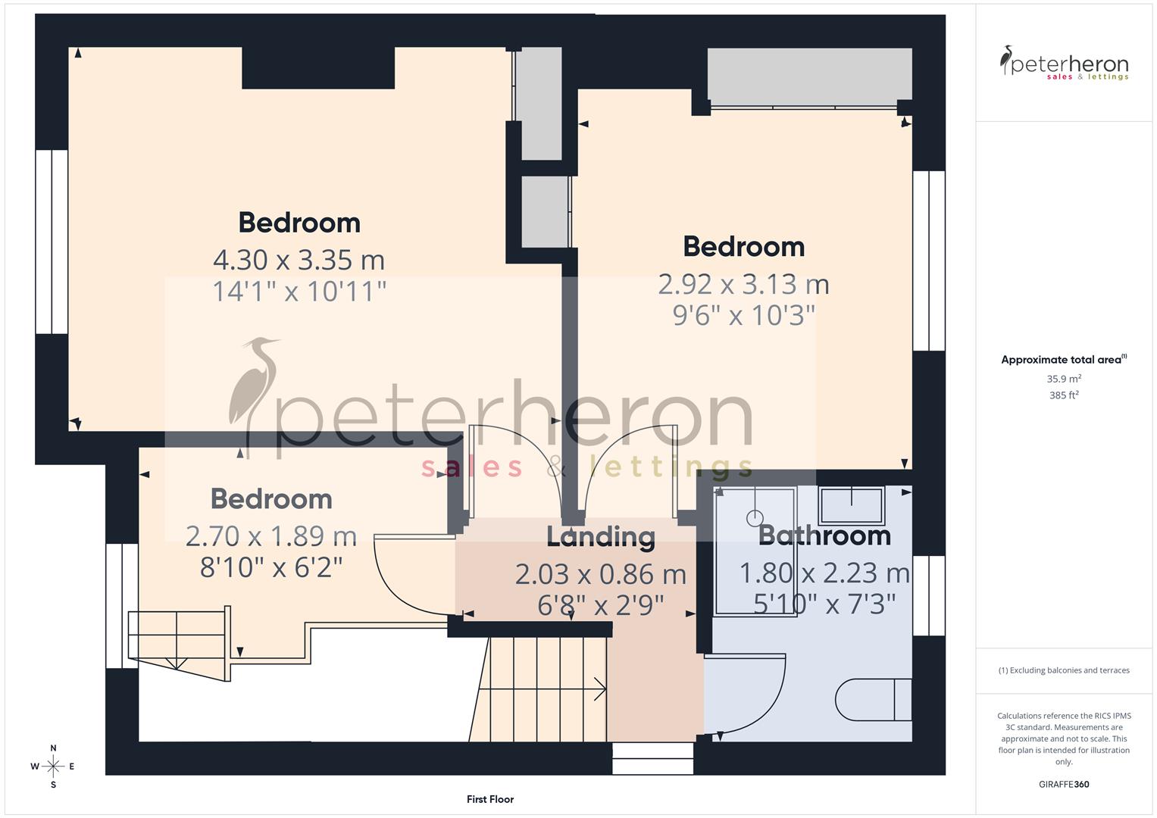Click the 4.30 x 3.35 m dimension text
pos(299,260)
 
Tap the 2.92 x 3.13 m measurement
pos(743,284)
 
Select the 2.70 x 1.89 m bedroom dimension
pos(271,536)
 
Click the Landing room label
pos(601,537)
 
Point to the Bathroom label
pos(824,535)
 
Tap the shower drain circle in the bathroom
pos(754,518)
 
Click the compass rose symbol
pos(53,766)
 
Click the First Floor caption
pos(490,799)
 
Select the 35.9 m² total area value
pos(1064,379)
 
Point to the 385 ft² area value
pos(1064,395)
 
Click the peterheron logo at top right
pos(1064,64)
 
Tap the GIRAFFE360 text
pos(1064,785)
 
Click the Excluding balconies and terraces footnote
pos(1064,670)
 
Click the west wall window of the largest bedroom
pos(52,242)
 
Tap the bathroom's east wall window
pos(929,595)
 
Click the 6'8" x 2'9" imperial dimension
pos(601,605)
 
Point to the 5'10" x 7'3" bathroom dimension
pos(824,604)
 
